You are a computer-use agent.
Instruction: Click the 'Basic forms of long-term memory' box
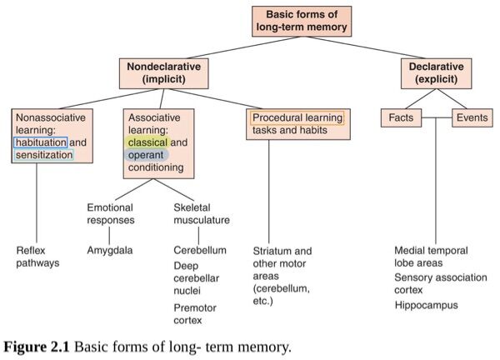click(x=302, y=21)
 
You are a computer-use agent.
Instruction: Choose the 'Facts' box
click(x=401, y=118)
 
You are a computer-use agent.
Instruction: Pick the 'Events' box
click(x=472, y=118)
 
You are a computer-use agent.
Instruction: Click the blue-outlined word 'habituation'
click(x=41, y=142)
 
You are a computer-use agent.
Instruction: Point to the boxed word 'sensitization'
click(x=44, y=155)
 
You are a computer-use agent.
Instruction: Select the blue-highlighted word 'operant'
click(x=147, y=155)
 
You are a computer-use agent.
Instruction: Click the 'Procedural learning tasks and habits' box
click(x=297, y=124)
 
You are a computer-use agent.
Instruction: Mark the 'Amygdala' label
click(x=110, y=250)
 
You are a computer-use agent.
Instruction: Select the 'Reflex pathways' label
click(x=37, y=257)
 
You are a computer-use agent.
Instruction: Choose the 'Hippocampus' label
click(x=427, y=305)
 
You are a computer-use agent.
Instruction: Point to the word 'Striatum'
click(x=272, y=250)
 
